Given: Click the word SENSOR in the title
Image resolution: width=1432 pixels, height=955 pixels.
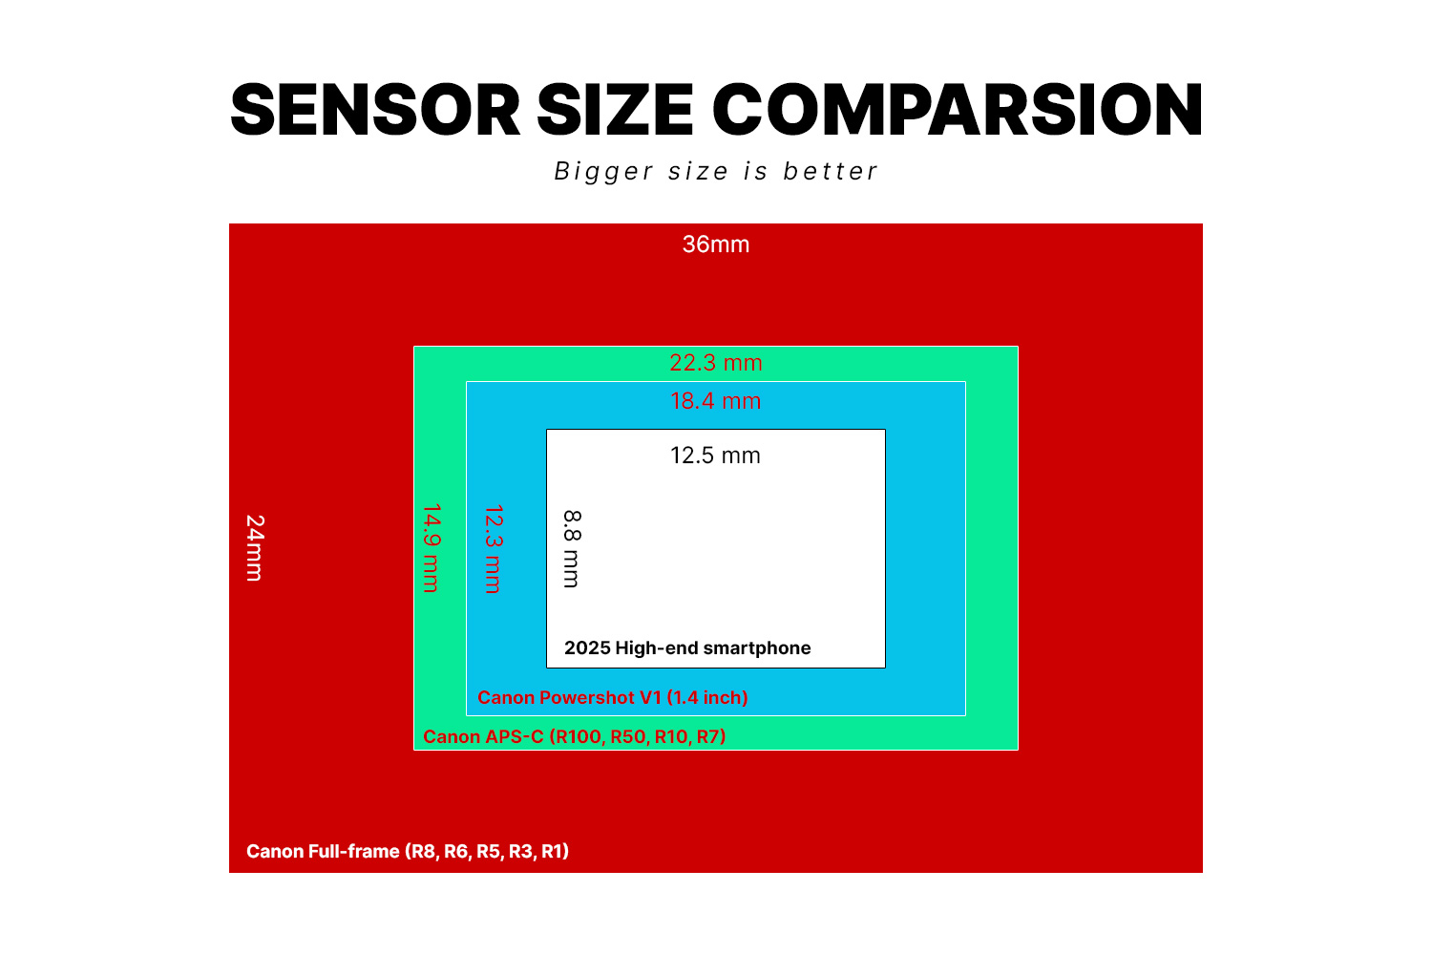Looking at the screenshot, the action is [x=375, y=110].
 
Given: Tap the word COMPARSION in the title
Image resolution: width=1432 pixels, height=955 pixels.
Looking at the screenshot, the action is [x=958, y=110].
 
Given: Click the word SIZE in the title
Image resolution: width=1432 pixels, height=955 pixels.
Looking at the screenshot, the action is [x=615, y=110].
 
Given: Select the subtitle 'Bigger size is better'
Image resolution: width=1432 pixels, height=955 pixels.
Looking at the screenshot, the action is [x=716, y=171].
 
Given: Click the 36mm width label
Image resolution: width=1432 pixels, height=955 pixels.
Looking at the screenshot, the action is [x=715, y=244].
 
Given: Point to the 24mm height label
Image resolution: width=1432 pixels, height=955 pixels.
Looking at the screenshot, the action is [x=255, y=548].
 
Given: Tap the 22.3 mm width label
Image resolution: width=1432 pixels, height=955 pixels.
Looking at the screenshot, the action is [x=715, y=363].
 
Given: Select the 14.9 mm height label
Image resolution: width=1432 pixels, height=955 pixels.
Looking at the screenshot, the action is [x=432, y=548].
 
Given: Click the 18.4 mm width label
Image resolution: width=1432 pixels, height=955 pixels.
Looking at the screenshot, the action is [x=715, y=401].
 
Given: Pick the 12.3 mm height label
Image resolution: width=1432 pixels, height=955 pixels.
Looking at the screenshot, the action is [x=494, y=549].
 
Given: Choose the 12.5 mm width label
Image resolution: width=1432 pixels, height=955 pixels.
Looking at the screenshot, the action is [x=715, y=456].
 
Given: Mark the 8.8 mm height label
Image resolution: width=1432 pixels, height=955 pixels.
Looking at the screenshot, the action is [x=572, y=549].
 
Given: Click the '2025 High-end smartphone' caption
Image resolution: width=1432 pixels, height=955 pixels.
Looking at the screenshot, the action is [x=687, y=647].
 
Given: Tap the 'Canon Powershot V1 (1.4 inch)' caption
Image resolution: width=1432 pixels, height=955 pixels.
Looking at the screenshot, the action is [x=613, y=697].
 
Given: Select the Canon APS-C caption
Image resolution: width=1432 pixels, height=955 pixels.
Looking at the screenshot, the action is [x=574, y=736].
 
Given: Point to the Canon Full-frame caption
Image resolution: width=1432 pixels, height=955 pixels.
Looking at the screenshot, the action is [x=408, y=851].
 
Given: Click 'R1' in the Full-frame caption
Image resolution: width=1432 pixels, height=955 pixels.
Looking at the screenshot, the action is [x=553, y=851].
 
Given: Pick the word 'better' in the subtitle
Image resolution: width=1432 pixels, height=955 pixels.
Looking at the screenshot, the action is [x=831, y=171].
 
